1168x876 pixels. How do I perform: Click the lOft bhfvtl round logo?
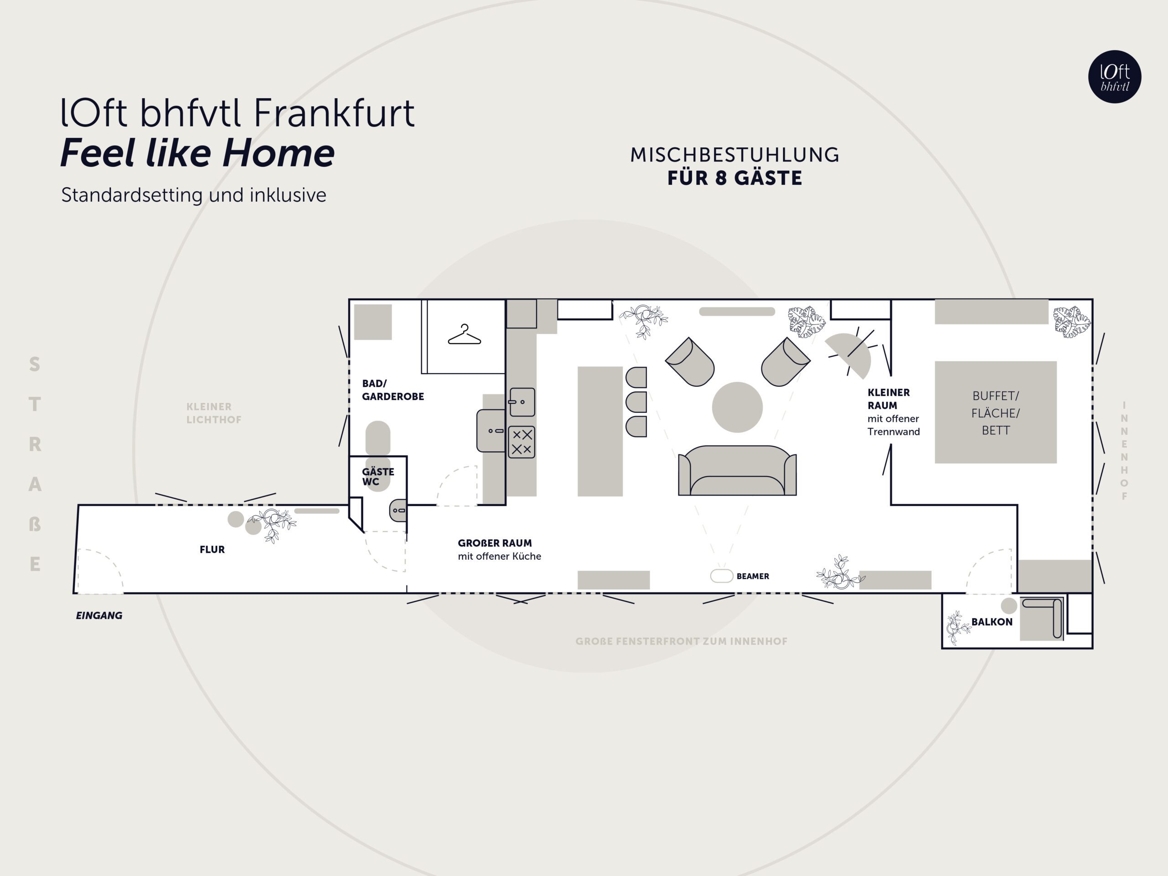(x=1115, y=77)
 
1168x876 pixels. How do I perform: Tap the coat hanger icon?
(x=464, y=335)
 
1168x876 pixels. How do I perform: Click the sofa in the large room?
(x=737, y=470)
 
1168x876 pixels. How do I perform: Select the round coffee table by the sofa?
(x=737, y=407)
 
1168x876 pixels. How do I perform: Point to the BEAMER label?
(x=752, y=576)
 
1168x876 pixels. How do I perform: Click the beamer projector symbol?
(x=721, y=575)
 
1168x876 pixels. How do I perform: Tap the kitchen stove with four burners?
(x=521, y=442)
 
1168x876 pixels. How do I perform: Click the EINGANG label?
(x=99, y=615)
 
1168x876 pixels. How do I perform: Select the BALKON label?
(x=991, y=622)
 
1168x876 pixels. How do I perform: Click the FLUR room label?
(x=212, y=550)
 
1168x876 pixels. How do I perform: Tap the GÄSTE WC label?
(x=377, y=476)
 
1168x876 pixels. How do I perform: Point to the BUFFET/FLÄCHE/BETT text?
(x=996, y=413)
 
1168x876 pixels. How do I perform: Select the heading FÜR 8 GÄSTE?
(x=735, y=178)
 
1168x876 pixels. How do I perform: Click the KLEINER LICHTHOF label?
(x=214, y=413)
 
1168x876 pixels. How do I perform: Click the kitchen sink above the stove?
(x=521, y=402)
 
